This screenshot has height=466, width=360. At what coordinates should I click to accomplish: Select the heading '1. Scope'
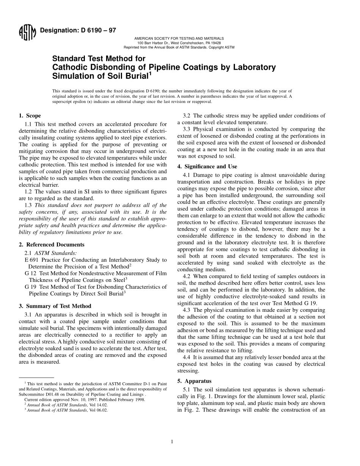tap(30, 116)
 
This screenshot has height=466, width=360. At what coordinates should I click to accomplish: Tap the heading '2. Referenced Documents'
tap(52, 244)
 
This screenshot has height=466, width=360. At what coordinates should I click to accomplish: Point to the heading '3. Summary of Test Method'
tap(55, 306)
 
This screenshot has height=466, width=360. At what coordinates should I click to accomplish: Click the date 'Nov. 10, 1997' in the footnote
tap(81, 399)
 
